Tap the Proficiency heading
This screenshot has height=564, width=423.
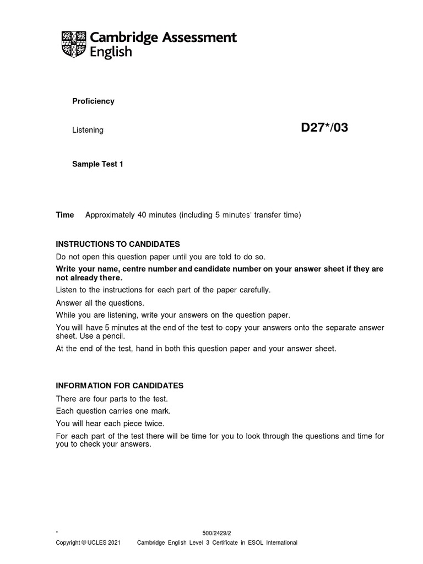(x=93, y=101)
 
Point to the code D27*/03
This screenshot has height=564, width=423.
(x=324, y=128)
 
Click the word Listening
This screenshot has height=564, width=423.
(x=88, y=130)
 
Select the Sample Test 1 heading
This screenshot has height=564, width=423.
(x=97, y=164)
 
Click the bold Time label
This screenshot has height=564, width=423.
(x=65, y=215)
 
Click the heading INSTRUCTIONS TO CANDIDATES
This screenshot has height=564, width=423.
(x=118, y=244)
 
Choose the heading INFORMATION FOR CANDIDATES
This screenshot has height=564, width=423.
(x=120, y=386)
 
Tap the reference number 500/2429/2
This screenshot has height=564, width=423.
(x=217, y=533)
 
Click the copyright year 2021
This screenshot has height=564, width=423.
(x=113, y=543)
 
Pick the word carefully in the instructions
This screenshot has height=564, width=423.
(x=254, y=290)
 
